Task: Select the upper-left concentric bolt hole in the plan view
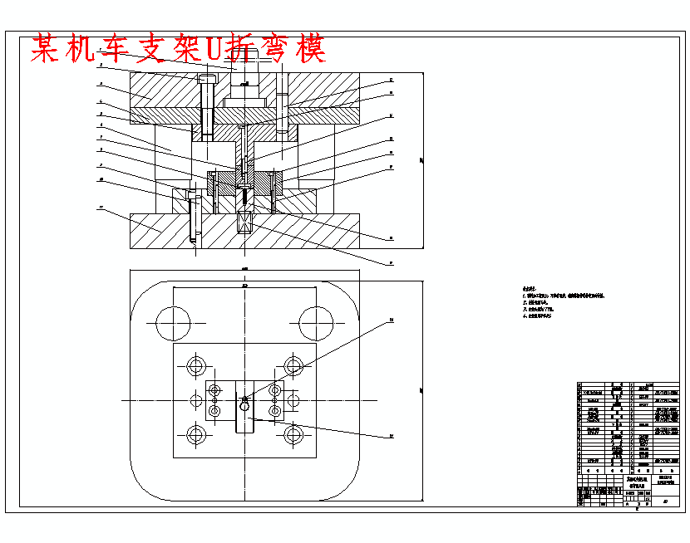coord(197,366)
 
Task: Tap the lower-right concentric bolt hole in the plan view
coord(293,434)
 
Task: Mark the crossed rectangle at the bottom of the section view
coord(245,222)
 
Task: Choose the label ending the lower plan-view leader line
coord(392,435)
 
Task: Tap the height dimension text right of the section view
coord(421,159)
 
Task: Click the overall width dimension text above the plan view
coord(244,269)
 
